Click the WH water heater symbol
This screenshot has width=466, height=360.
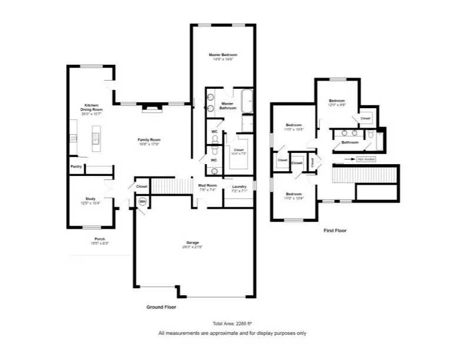click(x=142, y=201)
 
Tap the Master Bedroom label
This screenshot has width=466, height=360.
click(x=223, y=55)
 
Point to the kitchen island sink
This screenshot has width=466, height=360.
click(x=95, y=139)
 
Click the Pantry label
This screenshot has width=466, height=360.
click(x=76, y=166)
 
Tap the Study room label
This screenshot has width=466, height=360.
click(x=90, y=199)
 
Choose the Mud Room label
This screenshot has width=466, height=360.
click(x=208, y=185)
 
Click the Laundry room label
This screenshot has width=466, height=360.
click(x=239, y=186)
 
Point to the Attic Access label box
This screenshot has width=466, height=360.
click(x=365, y=159)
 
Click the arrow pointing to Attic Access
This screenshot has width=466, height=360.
click(x=351, y=159)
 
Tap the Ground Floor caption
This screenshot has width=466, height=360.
click(x=161, y=307)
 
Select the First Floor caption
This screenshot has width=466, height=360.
click(x=335, y=231)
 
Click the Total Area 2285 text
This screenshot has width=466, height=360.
click(x=232, y=324)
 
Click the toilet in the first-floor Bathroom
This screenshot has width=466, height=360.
click(x=371, y=135)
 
